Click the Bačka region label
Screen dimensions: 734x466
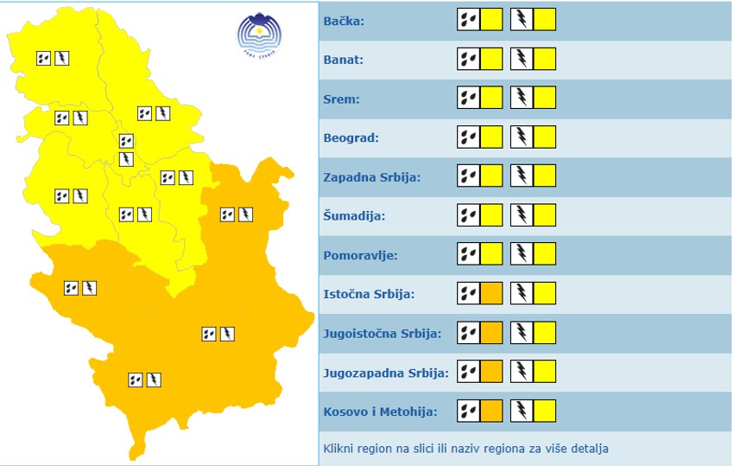(x=344, y=21)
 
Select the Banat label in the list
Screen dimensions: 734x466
(x=343, y=60)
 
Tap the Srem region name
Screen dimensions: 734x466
(x=341, y=99)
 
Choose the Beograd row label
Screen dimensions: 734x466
(x=351, y=137)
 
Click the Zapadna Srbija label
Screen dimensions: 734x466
(x=371, y=177)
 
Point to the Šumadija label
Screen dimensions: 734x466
(x=354, y=216)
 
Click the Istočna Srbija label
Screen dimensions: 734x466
(x=369, y=294)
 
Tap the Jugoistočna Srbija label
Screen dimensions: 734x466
(x=382, y=333)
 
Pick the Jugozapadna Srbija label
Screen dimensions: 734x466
(x=386, y=373)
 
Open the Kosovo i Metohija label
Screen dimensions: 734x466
(x=380, y=412)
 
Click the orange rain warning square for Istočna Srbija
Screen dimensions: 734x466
(x=491, y=294)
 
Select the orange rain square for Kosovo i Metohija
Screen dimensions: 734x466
(x=491, y=411)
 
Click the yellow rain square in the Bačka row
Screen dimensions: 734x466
(x=491, y=20)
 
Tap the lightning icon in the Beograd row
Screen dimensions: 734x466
(x=522, y=137)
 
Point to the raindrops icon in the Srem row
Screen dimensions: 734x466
(x=468, y=99)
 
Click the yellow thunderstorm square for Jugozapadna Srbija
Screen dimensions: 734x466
(x=545, y=372)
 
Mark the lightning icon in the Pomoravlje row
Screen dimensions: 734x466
(x=522, y=254)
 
